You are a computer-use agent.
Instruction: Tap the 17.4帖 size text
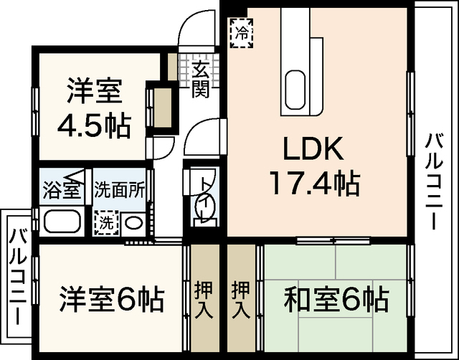click(x=313, y=184)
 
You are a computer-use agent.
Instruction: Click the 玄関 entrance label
click(x=202, y=80)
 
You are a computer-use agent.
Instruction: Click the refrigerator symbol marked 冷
click(x=243, y=32)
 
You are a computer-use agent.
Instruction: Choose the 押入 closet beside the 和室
click(x=240, y=300)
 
